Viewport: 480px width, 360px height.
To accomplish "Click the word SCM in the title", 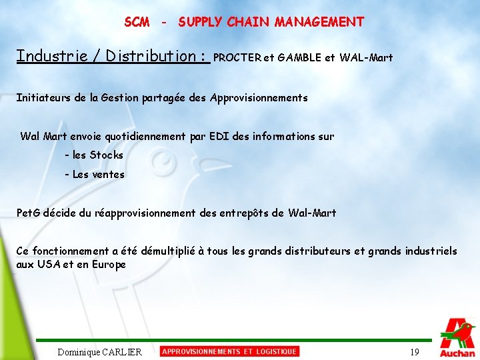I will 137,22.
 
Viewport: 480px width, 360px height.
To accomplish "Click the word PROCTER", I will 237,58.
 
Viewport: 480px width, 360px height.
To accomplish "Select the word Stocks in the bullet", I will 107,155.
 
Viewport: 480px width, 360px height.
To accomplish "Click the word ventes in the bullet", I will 109,175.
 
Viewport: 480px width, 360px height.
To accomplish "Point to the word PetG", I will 28,213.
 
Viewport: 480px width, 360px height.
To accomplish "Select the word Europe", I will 110,264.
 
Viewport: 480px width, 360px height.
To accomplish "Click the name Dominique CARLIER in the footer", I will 99,352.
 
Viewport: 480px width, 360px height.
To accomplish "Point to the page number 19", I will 415,352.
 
